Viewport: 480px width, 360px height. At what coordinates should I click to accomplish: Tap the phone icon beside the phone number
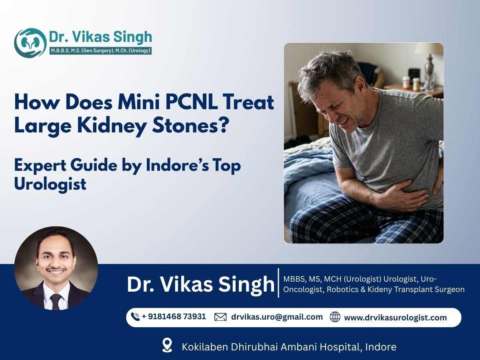(135, 317)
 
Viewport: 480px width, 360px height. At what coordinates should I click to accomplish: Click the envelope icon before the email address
(220, 317)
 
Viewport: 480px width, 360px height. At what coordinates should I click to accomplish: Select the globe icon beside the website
(335, 317)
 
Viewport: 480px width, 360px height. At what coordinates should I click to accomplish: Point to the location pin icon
(167, 345)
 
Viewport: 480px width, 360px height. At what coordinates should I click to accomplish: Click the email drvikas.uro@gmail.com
(277, 317)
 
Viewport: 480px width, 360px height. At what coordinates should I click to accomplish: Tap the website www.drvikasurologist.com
(395, 318)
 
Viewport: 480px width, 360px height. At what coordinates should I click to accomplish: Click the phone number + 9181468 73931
(174, 316)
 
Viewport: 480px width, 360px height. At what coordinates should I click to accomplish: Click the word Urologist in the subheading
(50, 184)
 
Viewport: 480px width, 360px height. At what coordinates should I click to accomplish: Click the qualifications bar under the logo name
(100, 51)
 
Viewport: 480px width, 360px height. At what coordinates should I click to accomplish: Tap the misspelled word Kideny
(368, 289)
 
